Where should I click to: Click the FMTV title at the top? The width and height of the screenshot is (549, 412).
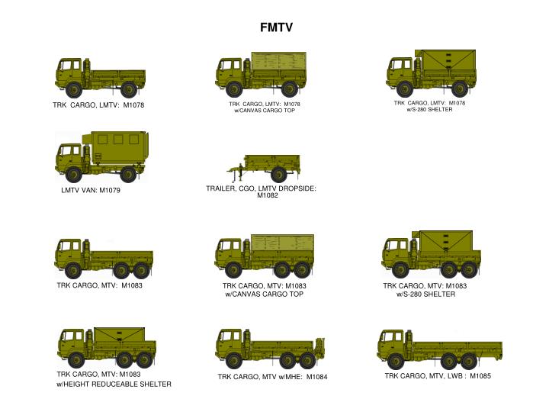pyautogui.click(x=275, y=28)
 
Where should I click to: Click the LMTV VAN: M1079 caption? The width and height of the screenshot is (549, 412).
pyautogui.click(x=91, y=190)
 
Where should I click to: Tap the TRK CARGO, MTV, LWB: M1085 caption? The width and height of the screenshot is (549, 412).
pyautogui.click(x=437, y=376)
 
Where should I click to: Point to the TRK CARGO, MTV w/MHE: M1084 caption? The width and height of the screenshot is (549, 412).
pyautogui.click(x=272, y=377)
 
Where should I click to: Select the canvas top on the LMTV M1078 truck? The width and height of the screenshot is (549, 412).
pyautogui.click(x=279, y=63)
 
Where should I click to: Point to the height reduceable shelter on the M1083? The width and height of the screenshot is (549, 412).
pyautogui.click(x=114, y=335)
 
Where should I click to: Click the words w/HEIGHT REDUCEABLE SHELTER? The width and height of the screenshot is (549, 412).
pyautogui.click(x=114, y=385)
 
